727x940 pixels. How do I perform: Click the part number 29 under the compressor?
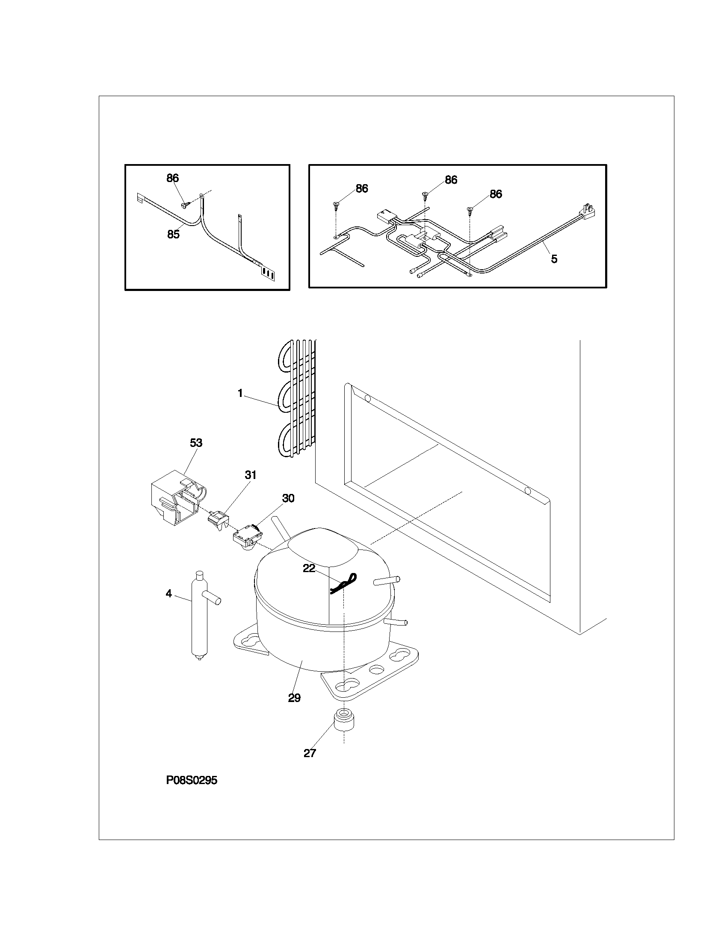(x=294, y=698)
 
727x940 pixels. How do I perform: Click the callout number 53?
(x=196, y=443)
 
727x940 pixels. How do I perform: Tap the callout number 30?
(x=288, y=498)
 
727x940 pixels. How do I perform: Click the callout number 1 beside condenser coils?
(x=240, y=393)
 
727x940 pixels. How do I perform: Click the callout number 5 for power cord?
(x=554, y=258)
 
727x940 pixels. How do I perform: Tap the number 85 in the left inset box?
(x=173, y=235)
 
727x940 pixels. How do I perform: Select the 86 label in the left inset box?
(x=173, y=178)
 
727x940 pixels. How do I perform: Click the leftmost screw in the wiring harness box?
(x=336, y=205)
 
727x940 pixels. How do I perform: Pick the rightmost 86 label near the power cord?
(x=496, y=194)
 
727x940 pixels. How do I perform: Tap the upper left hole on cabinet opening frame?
(x=367, y=398)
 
